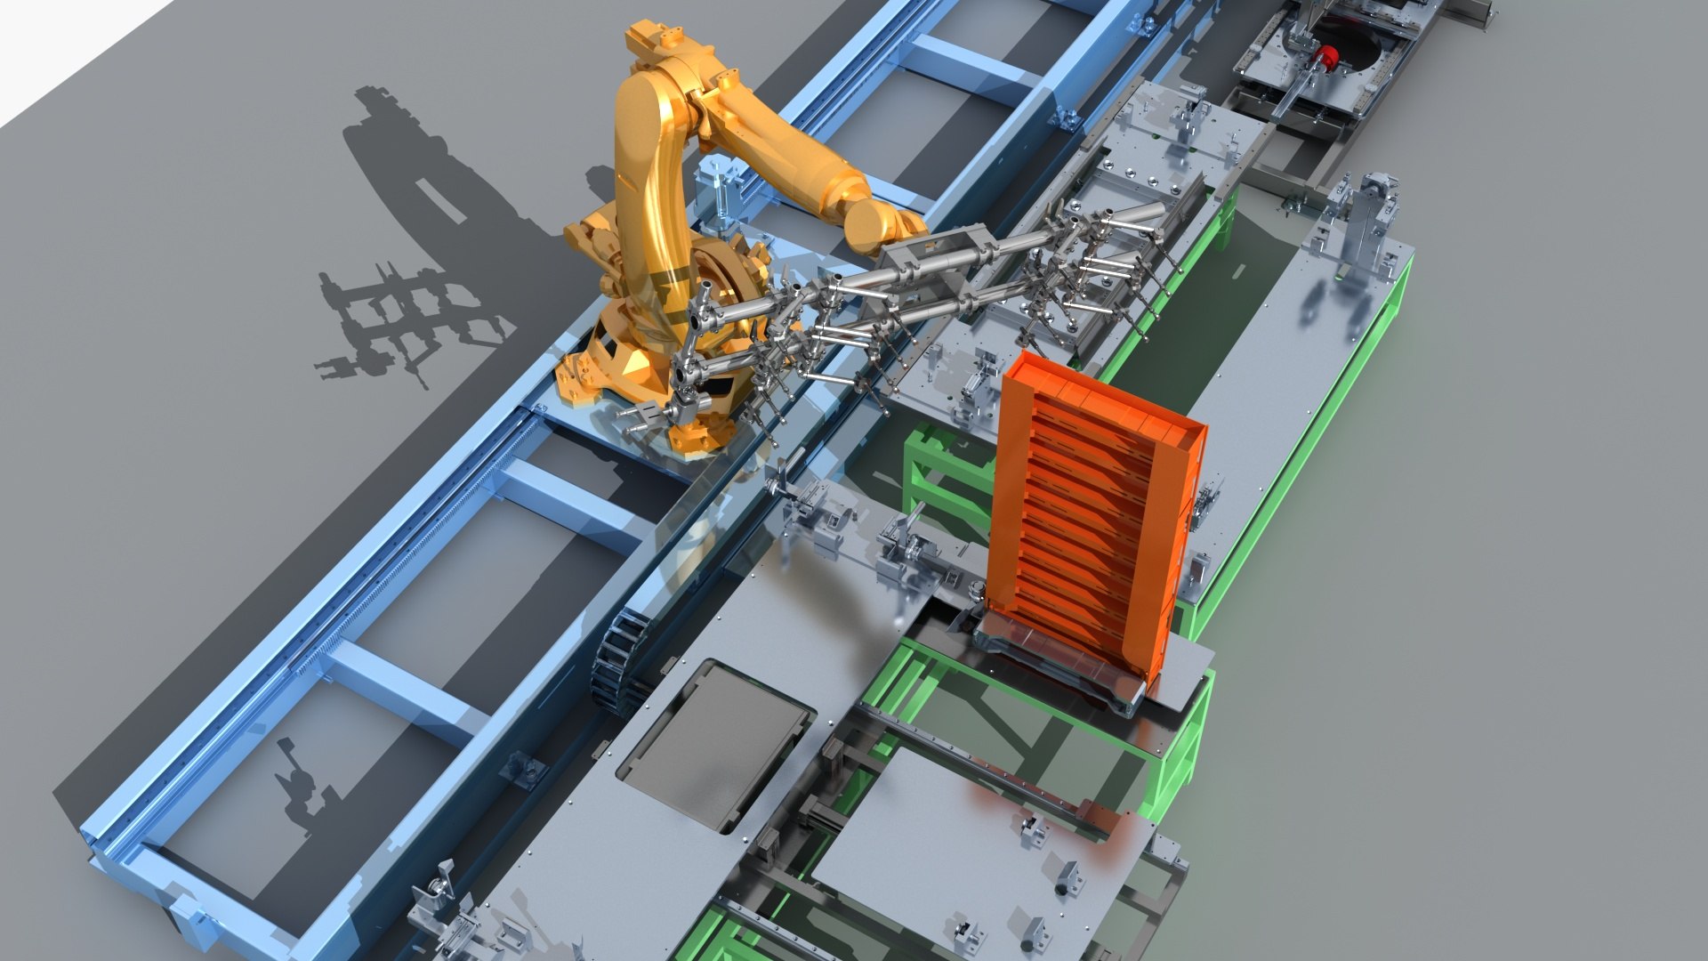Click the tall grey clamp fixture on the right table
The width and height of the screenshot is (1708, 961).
tap(1361, 222)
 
